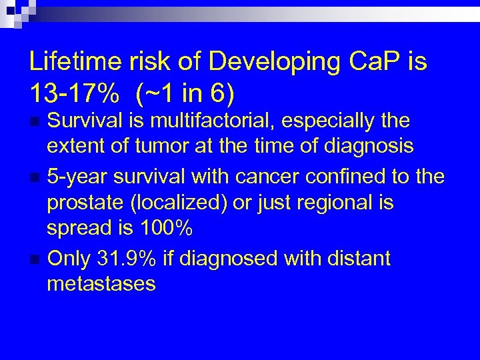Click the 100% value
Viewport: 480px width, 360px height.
tap(166, 227)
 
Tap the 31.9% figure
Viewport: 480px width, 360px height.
tap(138, 258)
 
